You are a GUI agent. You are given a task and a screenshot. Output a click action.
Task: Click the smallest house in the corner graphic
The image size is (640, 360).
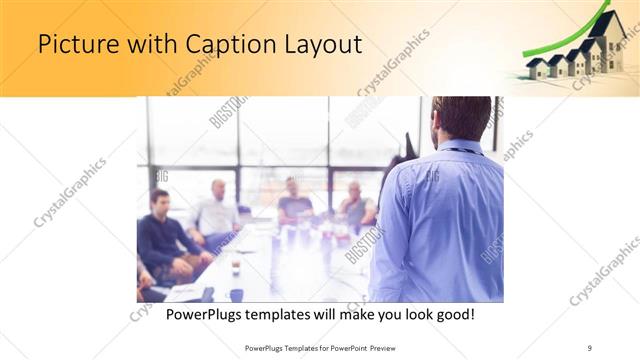point(538,68)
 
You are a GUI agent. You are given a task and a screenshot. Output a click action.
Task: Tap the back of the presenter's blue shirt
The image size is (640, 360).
point(440,220)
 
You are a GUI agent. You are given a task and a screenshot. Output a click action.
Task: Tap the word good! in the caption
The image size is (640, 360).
point(453,314)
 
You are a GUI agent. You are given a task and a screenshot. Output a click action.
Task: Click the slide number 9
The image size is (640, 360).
point(591,347)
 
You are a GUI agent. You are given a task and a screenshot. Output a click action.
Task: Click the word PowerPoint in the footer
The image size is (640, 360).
point(356,347)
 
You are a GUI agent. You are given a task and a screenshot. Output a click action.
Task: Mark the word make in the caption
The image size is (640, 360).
point(349,314)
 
